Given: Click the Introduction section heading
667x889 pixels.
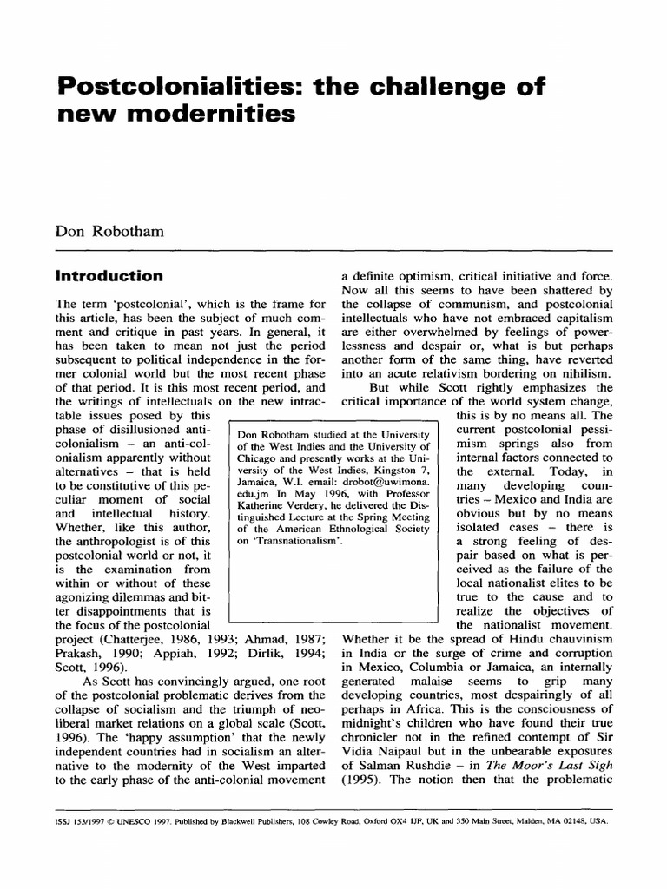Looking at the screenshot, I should [x=109, y=276].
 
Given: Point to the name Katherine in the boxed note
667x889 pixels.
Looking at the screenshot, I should [x=266, y=514].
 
